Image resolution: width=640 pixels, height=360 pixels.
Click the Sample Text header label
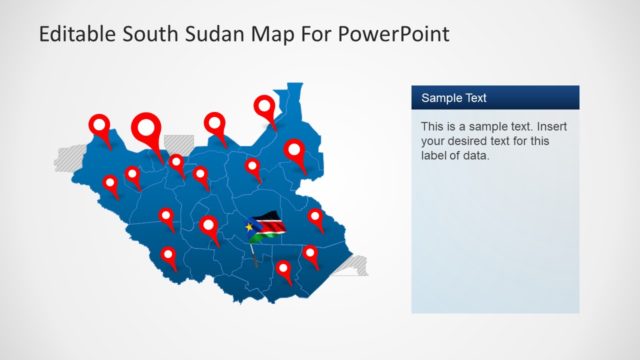click(x=454, y=98)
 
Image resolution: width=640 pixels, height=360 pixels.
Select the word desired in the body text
click(x=469, y=141)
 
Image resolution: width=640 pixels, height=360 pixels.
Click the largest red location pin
click(x=147, y=129)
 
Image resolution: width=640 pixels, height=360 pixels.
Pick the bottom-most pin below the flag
click(x=285, y=269)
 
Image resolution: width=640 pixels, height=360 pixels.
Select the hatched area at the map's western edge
click(x=71, y=157)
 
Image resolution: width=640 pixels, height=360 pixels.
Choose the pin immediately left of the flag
click(x=209, y=226)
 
